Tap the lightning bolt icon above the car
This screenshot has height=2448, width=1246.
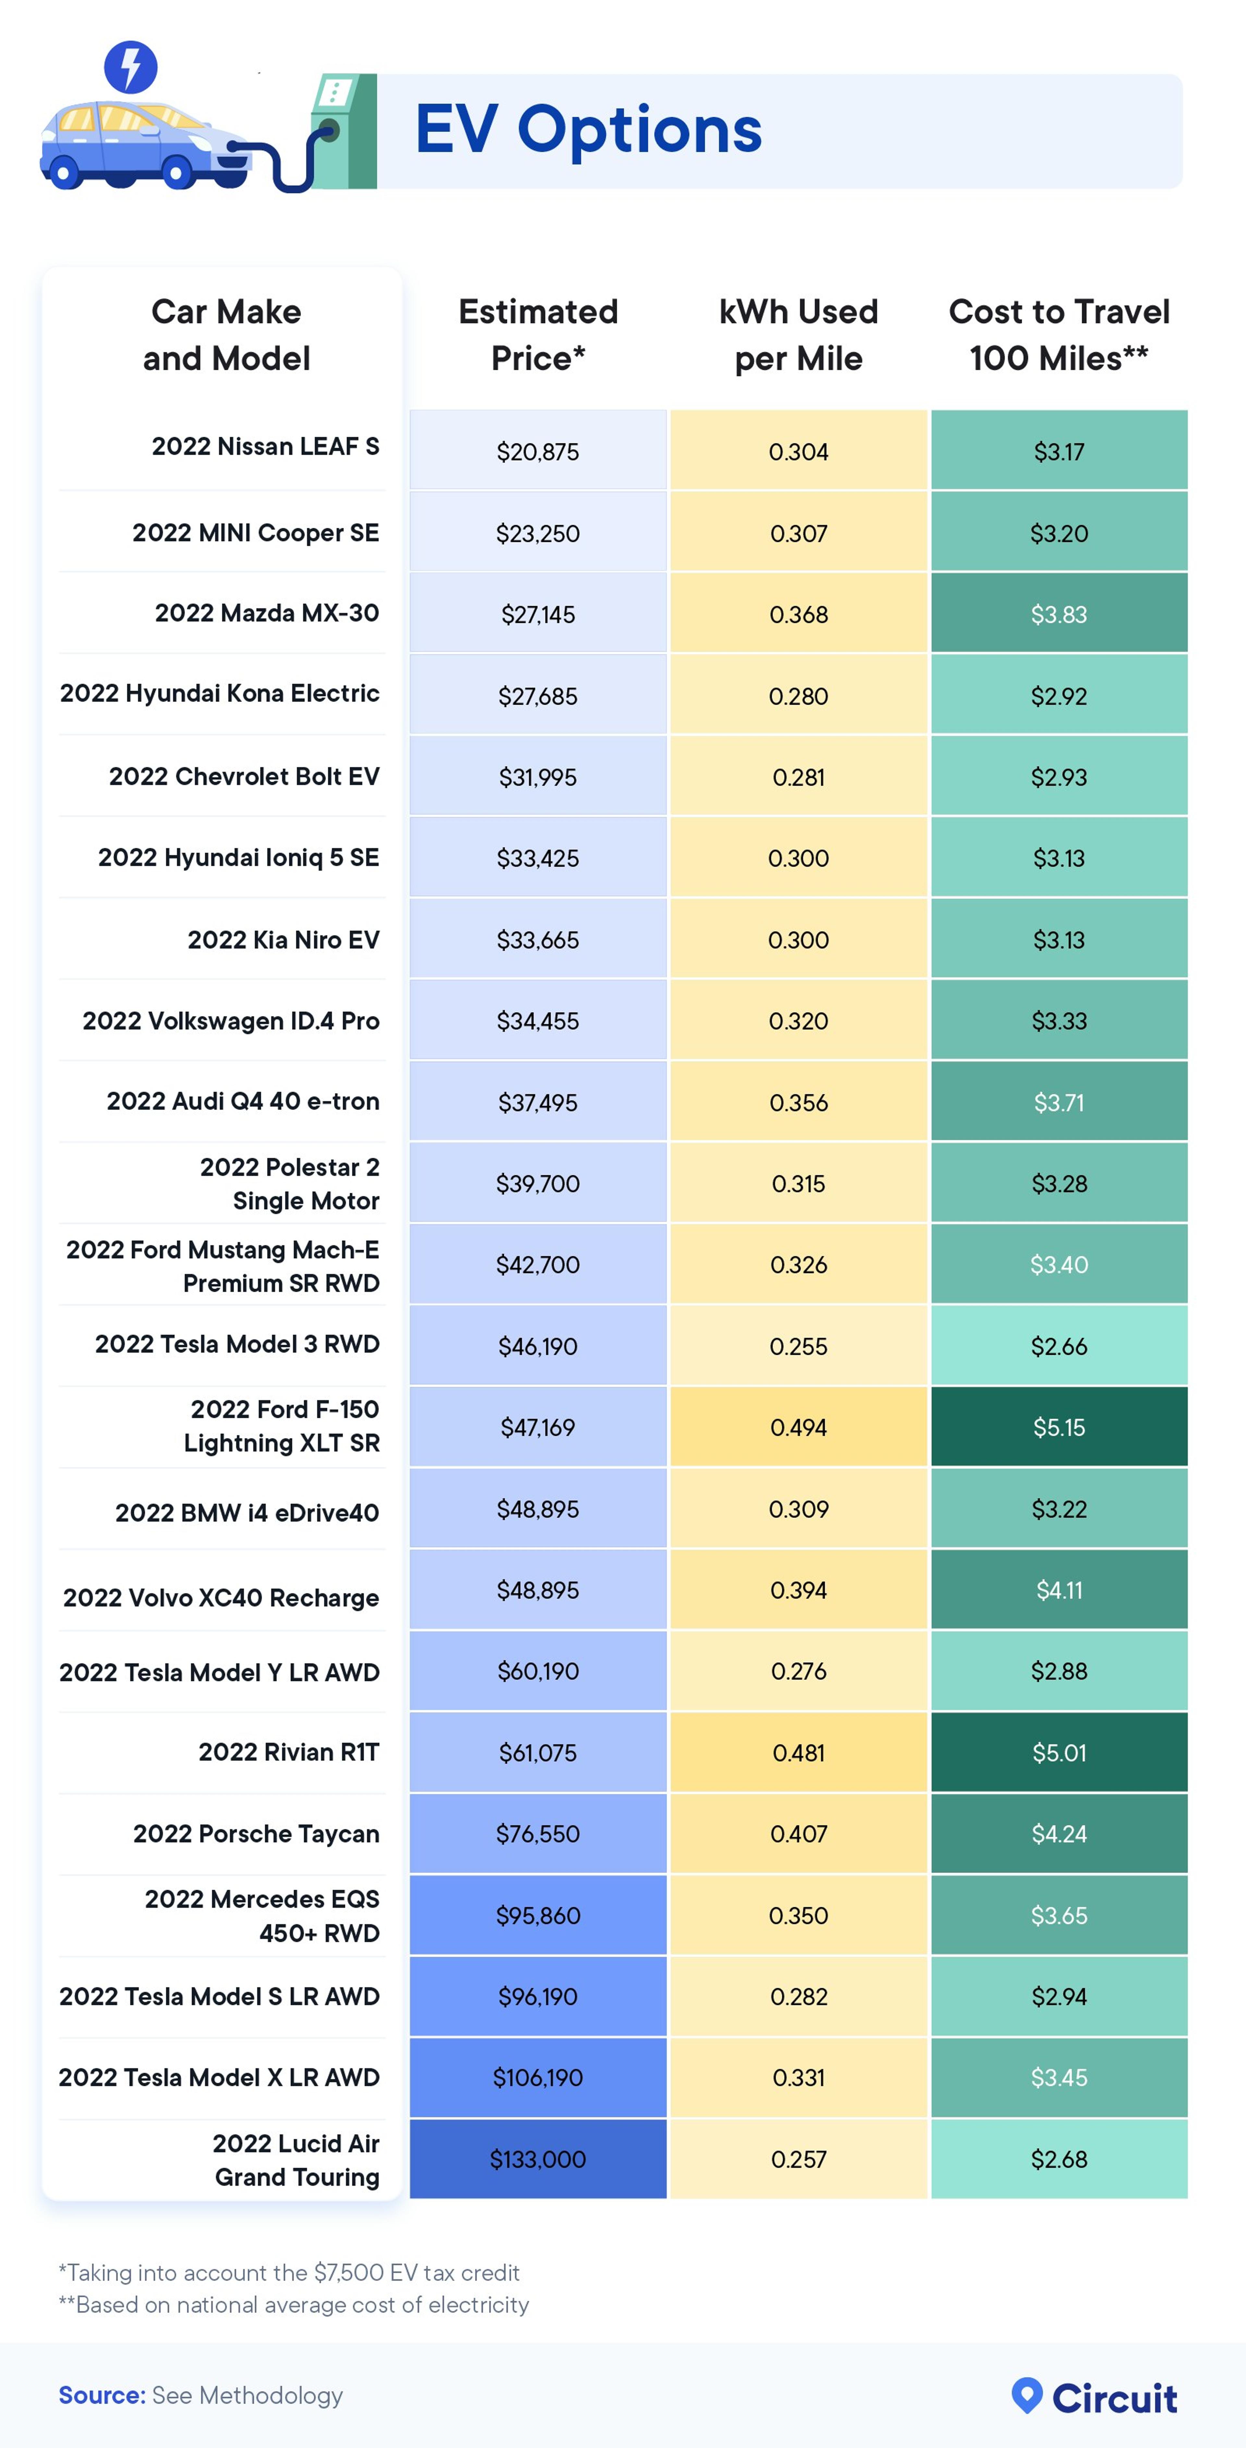(x=130, y=67)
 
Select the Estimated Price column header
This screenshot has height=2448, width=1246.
(x=538, y=334)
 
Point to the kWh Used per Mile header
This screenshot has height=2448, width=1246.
(x=798, y=334)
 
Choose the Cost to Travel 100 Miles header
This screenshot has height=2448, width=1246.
(x=1059, y=334)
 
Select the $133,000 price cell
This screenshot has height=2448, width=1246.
(x=538, y=2159)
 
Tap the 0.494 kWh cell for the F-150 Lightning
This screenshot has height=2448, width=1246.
(x=798, y=1427)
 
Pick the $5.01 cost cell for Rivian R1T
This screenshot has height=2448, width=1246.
(x=1059, y=1752)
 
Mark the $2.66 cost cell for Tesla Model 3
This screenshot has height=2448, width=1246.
(x=1059, y=1346)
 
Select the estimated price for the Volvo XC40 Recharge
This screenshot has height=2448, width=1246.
(x=538, y=1590)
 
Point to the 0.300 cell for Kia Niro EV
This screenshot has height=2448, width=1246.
(x=798, y=940)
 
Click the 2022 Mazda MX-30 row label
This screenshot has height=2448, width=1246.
(x=267, y=613)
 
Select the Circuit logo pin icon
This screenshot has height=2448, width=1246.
(x=1026, y=2395)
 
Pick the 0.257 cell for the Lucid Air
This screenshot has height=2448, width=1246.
(x=798, y=2159)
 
